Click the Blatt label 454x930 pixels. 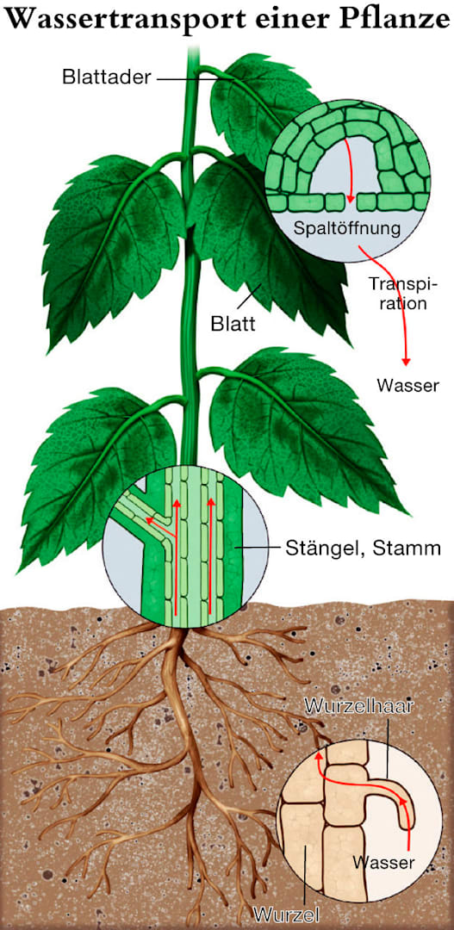coord(233,324)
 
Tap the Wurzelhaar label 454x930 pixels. coord(358,707)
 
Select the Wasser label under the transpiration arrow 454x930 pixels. coord(407,386)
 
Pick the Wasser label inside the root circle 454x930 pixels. coord(382,861)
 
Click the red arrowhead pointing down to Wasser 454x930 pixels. coord(406,361)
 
